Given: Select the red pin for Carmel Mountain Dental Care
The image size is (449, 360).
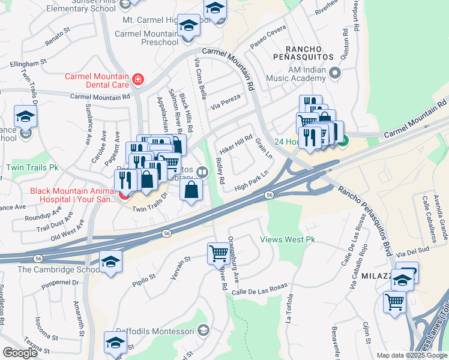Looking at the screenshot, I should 138,79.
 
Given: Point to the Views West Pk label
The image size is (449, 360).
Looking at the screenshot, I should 287,240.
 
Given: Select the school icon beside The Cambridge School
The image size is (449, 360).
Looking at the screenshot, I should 110,262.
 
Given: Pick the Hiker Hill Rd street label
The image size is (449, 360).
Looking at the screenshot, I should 235,142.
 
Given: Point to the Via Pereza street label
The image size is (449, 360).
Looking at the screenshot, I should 226,101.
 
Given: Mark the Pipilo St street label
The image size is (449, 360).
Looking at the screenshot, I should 145,280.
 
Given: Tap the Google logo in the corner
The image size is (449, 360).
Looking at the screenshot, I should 20,353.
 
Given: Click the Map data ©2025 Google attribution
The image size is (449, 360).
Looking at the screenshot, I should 411,355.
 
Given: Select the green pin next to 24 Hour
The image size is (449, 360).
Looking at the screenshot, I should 343,142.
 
